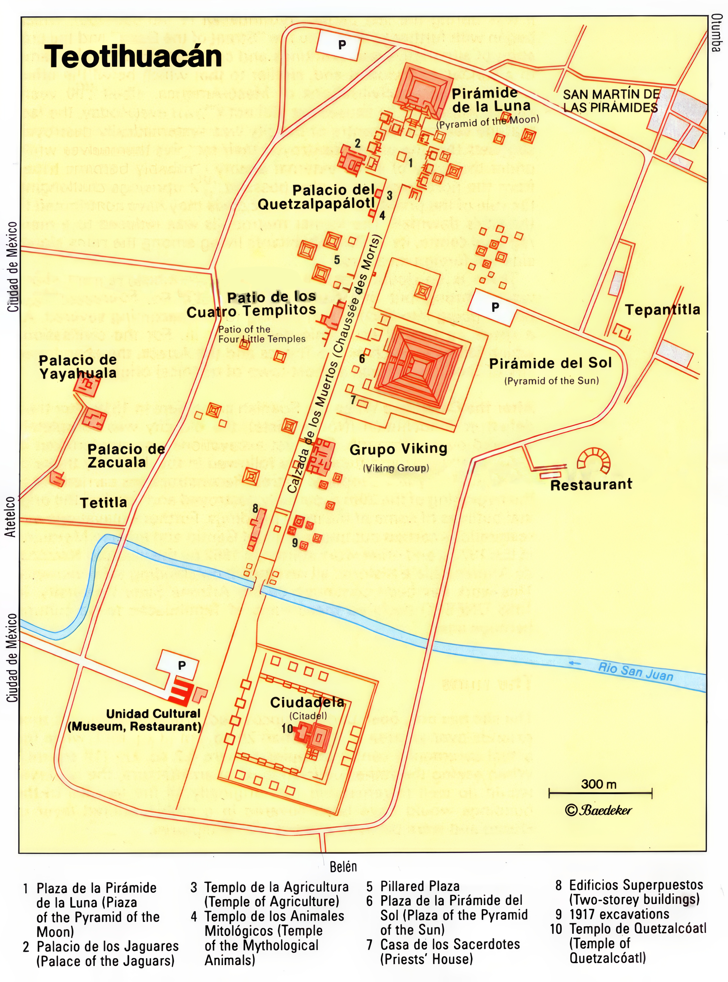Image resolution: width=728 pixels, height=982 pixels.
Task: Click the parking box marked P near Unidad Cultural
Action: click(x=181, y=665)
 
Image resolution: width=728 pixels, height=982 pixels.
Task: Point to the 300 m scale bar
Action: click(x=600, y=793)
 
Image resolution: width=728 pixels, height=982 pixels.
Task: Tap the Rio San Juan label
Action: click(x=635, y=672)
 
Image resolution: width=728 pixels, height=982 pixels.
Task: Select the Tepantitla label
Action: click(x=662, y=310)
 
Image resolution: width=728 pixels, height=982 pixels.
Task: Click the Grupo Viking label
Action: click(x=398, y=449)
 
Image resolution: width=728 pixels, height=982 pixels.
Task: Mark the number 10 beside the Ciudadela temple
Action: click(x=287, y=729)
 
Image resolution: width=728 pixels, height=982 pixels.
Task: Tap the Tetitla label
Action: click(x=104, y=503)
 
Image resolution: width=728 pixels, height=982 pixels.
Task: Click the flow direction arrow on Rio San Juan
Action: click(x=574, y=663)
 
